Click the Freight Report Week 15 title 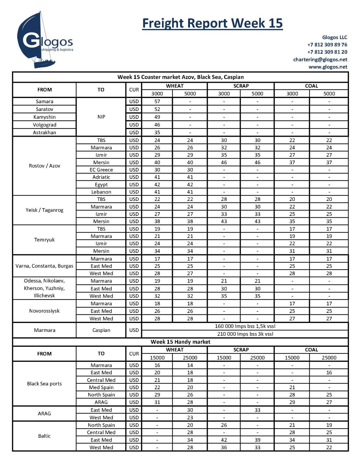[212, 24]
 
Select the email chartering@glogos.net [320, 60]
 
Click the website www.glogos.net [328, 67]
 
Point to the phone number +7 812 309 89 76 [327, 45]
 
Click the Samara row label [45, 101]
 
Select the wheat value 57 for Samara [157, 101]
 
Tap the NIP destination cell [101, 117]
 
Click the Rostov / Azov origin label [45, 166]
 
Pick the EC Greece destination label [101, 170]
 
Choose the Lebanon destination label [101, 192]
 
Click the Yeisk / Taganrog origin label [45, 210]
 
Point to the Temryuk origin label [45, 240]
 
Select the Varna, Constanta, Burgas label [45, 266]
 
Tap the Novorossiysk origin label [45, 311]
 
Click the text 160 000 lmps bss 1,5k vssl [245, 326]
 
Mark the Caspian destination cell [101, 330]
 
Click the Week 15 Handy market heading [180, 342]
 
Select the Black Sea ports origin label [45, 384]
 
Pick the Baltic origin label [45, 436]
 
